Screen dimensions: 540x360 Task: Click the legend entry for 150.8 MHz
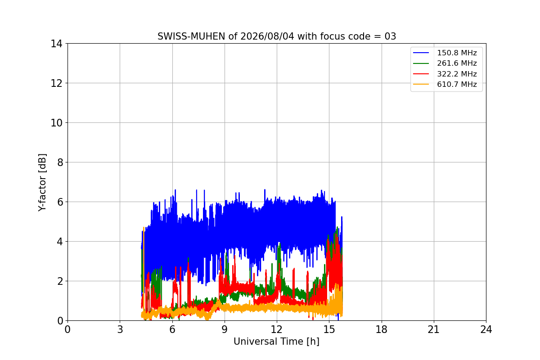[x=457, y=53]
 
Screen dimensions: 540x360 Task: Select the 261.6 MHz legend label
[x=457, y=63]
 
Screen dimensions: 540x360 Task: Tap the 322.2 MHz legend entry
[x=457, y=74]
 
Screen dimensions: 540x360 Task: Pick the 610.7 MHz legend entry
[x=457, y=85]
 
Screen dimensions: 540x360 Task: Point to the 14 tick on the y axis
[x=56, y=44]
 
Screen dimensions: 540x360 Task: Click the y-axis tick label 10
[x=56, y=123]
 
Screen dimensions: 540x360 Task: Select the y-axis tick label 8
[x=60, y=162]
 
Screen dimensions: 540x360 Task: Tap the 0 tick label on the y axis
[x=60, y=321]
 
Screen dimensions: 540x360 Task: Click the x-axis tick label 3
[x=120, y=329]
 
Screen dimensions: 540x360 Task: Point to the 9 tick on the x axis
[x=225, y=329]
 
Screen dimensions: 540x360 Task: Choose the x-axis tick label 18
[x=382, y=329]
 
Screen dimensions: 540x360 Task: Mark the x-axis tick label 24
[x=486, y=329]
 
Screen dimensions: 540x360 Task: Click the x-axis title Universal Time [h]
[x=276, y=342]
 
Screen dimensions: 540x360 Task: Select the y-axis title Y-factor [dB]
[x=42, y=183]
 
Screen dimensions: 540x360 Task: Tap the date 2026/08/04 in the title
[x=267, y=36]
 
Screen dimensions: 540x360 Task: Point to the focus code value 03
[x=390, y=36]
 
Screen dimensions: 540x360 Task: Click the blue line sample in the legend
[x=421, y=53]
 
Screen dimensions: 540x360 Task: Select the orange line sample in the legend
[x=421, y=85]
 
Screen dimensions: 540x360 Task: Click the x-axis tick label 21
[x=434, y=329]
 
